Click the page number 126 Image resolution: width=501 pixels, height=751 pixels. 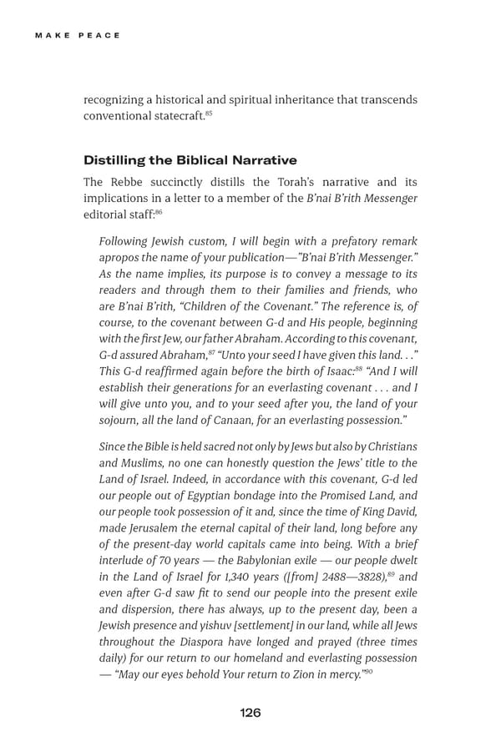[x=250, y=712]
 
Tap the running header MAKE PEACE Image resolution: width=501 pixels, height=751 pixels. [x=78, y=35]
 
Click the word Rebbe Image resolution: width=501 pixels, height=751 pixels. [x=124, y=182]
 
